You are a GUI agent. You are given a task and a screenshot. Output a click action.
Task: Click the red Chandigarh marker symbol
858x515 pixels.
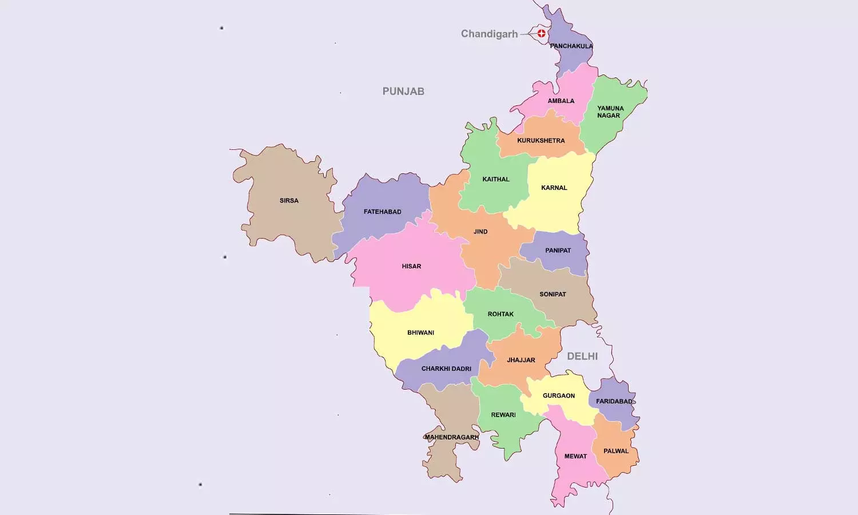click(x=541, y=33)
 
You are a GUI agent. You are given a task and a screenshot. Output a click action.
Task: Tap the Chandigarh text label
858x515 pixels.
click(x=489, y=34)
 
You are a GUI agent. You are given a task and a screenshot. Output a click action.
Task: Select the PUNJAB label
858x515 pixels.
click(x=403, y=91)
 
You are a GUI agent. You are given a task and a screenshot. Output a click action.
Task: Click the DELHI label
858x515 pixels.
click(x=582, y=356)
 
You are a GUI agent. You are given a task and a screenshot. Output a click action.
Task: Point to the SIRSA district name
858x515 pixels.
click(x=289, y=201)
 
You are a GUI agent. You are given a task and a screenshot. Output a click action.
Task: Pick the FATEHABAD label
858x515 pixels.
click(x=382, y=212)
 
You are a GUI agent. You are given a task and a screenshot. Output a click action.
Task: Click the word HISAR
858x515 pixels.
click(x=411, y=266)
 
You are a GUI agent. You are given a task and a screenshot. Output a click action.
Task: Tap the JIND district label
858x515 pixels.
click(x=480, y=232)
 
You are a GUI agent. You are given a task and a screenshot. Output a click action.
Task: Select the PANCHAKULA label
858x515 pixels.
click(x=571, y=46)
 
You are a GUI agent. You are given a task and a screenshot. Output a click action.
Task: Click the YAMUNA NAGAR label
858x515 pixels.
click(x=610, y=112)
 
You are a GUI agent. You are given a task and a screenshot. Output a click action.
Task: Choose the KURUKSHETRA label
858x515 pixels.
click(x=541, y=141)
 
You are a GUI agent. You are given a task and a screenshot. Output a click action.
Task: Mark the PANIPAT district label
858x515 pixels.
click(x=558, y=251)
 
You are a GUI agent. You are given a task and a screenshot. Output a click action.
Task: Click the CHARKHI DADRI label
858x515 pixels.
click(x=446, y=369)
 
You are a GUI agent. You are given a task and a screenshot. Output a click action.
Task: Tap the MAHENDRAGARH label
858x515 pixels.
click(x=451, y=437)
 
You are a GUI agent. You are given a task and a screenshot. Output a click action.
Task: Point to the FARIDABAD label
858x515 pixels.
click(x=614, y=401)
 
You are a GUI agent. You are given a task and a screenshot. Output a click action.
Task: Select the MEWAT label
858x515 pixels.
click(x=575, y=456)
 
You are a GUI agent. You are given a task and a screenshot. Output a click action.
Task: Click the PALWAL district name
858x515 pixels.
click(x=616, y=451)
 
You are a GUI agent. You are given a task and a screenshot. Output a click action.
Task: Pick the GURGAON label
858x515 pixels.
click(x=559, y=396)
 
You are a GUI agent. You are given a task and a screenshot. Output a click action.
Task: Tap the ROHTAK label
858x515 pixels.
click(x=500, y=314)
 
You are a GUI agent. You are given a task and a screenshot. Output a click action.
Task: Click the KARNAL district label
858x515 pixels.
click(x=554, y=188)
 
